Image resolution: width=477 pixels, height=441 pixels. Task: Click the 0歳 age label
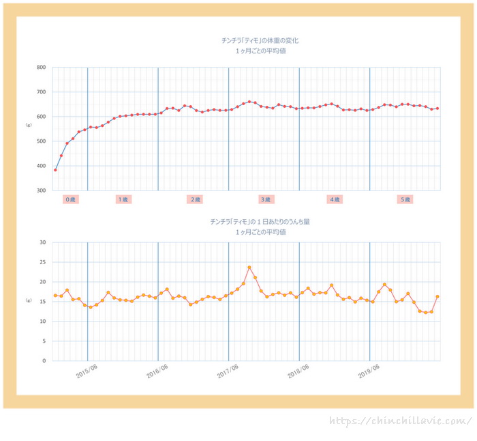coord(71,199)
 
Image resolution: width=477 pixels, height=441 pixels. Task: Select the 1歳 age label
coord(123,199)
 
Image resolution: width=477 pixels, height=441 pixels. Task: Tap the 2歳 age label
coord(196,199)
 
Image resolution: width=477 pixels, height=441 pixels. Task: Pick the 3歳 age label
coord(266,199)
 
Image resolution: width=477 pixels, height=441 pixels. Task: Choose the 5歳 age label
coord(405,199)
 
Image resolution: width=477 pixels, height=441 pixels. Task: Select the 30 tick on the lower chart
coord(42,242)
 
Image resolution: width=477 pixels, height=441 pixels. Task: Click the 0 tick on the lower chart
coord(44,360)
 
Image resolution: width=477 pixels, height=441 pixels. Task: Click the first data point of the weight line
coord(55,170)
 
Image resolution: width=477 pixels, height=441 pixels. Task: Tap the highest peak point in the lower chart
coord(249,268)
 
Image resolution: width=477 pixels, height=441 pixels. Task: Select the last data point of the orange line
coord(437,296)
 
